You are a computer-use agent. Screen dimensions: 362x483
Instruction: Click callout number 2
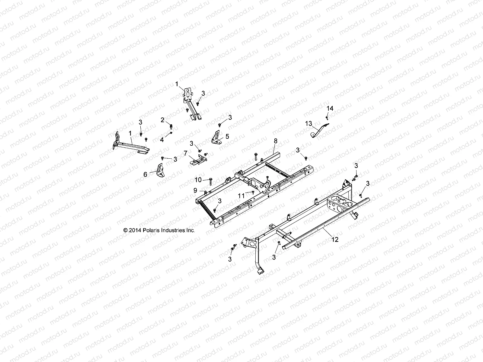(162, 120)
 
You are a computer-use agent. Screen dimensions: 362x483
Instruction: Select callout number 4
(162, 140)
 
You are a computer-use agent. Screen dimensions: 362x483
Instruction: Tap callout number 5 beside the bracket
(227, 136)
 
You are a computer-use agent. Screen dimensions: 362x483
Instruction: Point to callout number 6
(145, 174)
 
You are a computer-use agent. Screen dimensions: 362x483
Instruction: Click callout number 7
(185, 153)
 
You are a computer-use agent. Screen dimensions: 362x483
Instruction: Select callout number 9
(195, 190)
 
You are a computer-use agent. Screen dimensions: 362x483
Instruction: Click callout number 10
(198, 180)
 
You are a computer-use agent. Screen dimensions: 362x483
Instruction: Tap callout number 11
(241, 196)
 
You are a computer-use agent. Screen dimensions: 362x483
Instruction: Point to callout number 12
(335, 240)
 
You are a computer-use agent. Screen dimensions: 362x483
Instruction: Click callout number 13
(308, 123)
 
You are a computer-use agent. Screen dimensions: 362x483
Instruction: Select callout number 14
(330, 108)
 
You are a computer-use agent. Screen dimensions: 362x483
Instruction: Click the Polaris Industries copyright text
(159, 230)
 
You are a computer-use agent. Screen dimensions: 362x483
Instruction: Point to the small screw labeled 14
(327, 116)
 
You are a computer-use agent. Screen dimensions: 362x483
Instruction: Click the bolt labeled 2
(171, 126)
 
